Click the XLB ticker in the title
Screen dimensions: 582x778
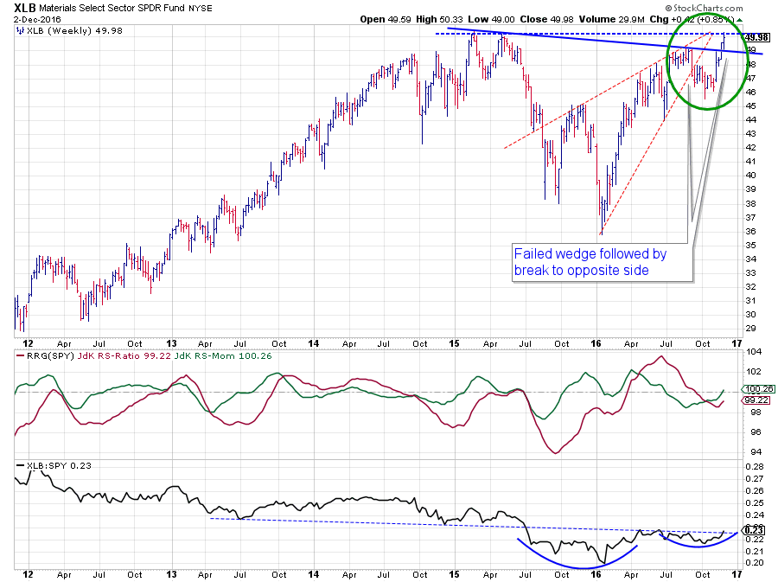pos(24,9)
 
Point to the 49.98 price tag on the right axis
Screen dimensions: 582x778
pos(756,37)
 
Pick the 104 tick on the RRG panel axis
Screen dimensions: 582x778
pos(753,352)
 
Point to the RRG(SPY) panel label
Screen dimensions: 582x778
pos(41,355)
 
